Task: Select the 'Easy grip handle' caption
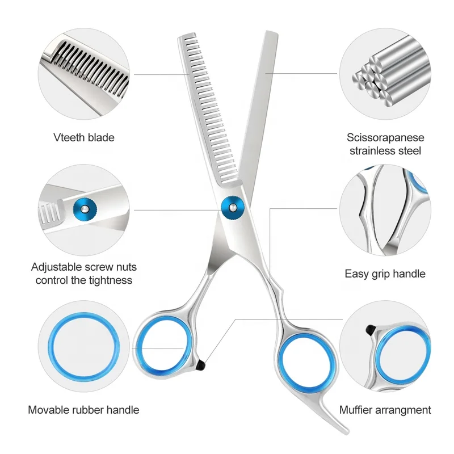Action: coord(385,274)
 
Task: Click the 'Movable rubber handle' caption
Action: coord(83,409)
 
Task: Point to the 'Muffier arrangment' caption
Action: coord(385,409)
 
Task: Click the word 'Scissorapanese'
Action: coord(385,137)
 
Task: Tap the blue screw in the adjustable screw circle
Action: coord(83,208)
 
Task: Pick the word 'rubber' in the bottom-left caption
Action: coord(84,409)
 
